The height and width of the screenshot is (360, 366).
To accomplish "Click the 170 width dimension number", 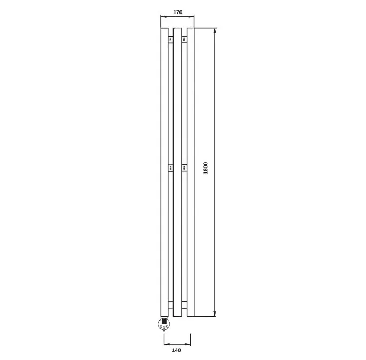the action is [178, 12].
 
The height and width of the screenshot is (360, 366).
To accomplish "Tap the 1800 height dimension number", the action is [205, 168].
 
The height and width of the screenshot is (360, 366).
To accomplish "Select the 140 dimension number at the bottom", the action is [176, 350].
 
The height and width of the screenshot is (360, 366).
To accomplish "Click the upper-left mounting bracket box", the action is [171, 39].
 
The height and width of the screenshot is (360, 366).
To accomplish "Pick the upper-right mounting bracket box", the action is [184, 39].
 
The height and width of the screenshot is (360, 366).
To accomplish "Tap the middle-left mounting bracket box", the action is [171, 168].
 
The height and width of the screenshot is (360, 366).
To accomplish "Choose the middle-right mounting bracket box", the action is [184, 168].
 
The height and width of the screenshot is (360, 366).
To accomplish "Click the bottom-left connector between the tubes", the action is [171, 305].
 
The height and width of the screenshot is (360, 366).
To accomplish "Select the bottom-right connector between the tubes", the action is [184, 305].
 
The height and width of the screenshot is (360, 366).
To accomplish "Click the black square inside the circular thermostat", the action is [164, 322].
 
